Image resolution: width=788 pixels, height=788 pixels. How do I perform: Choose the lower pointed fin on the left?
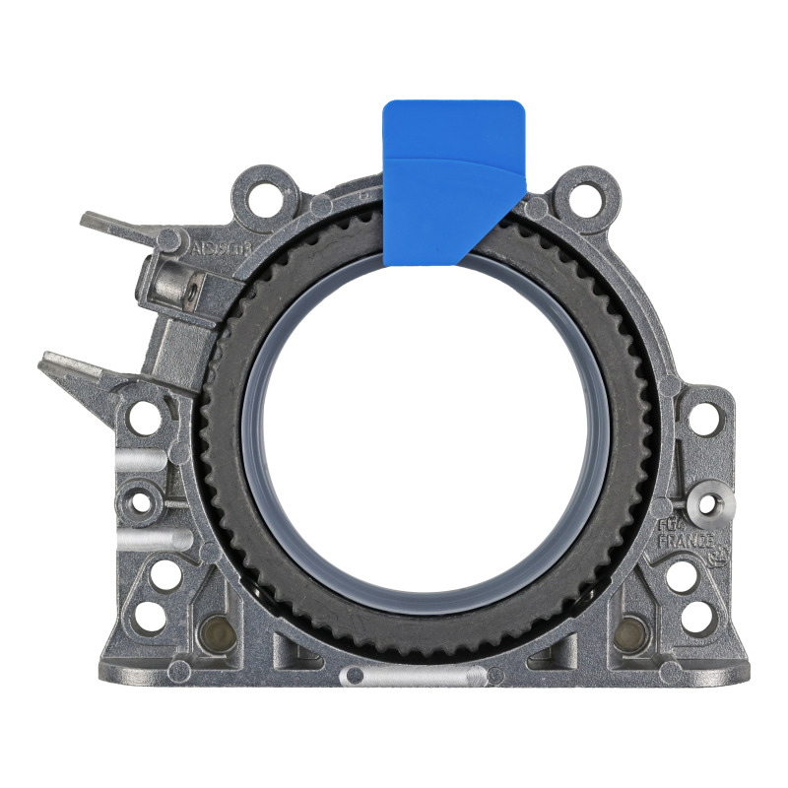click(74, 368)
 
